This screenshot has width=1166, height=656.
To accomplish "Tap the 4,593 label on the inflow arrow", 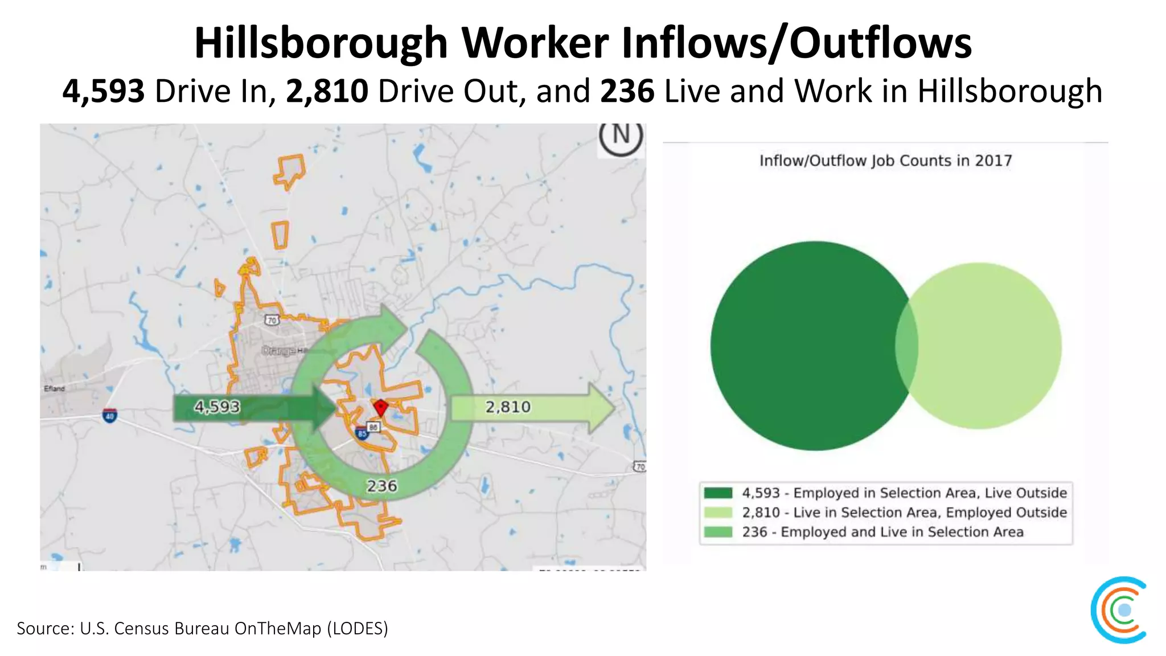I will point(217,407).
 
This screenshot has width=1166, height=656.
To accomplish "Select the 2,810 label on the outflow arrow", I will point(508,407).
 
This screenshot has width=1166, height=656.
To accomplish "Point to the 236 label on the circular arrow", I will point(381,486).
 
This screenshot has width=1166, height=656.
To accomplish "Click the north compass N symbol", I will point(621,136).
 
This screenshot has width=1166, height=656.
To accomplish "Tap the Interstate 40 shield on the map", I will point(110,416).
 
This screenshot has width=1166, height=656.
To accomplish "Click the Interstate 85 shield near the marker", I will point(362,434).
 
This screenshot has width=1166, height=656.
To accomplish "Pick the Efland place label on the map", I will point(55,388).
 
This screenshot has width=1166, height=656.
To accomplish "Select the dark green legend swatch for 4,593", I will point(718,493).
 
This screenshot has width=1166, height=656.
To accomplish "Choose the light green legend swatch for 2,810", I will point(718,512).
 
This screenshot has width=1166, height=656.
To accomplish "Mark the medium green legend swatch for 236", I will point(718,532).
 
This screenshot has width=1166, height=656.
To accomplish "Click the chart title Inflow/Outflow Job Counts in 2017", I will point(885,161).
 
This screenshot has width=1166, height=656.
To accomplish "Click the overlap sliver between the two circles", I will point(907,346).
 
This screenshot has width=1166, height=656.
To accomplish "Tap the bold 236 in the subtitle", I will point(627,91).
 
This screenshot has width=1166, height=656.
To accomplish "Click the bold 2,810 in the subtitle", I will point(327,91).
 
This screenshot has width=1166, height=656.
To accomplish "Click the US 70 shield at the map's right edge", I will point(640,467).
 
